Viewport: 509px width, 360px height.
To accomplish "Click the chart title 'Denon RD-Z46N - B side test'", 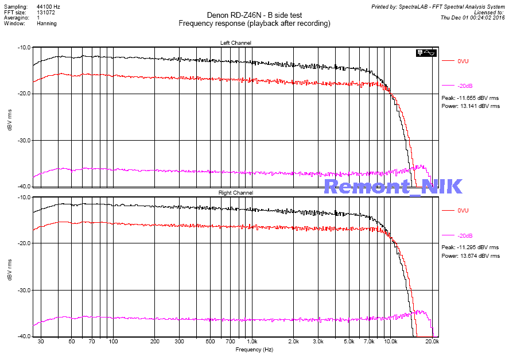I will pyautogui.click(x=254, y=16).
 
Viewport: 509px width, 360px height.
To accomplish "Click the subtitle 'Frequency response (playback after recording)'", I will pyautogui.click(x=254, y=24).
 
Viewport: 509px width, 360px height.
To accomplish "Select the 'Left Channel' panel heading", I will pyautogui.click(x=235, y=43).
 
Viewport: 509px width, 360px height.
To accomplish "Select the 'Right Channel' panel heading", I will pyautogui.click(x=235, y=193).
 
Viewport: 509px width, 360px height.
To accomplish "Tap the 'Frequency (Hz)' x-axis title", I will pyautogui.click(x=254, y=349).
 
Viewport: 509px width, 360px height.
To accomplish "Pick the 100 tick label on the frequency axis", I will pyautogui.click(x=113, y=342).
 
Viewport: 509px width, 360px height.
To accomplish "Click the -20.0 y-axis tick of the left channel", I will pyautogui.click(x=24, y=94).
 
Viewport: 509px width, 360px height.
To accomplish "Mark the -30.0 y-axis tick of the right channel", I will pyautogui.click(x=24, y=290).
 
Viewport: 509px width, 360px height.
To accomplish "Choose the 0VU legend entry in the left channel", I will pyautogui.click(x=463, y=61).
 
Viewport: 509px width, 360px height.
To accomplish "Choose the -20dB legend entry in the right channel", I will pyautogui.click(x=465, y=236).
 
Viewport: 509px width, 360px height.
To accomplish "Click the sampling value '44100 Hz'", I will pyautogui.click(x=48, y=6).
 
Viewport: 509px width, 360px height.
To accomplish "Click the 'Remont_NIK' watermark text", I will pyautogui.click(x=393, y=186).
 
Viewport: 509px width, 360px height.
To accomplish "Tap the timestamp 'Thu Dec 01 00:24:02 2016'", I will pyautogui.click(x=472, y=17).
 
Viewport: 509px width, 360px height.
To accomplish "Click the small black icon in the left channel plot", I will pyautogui.click(x=426, y=53).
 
